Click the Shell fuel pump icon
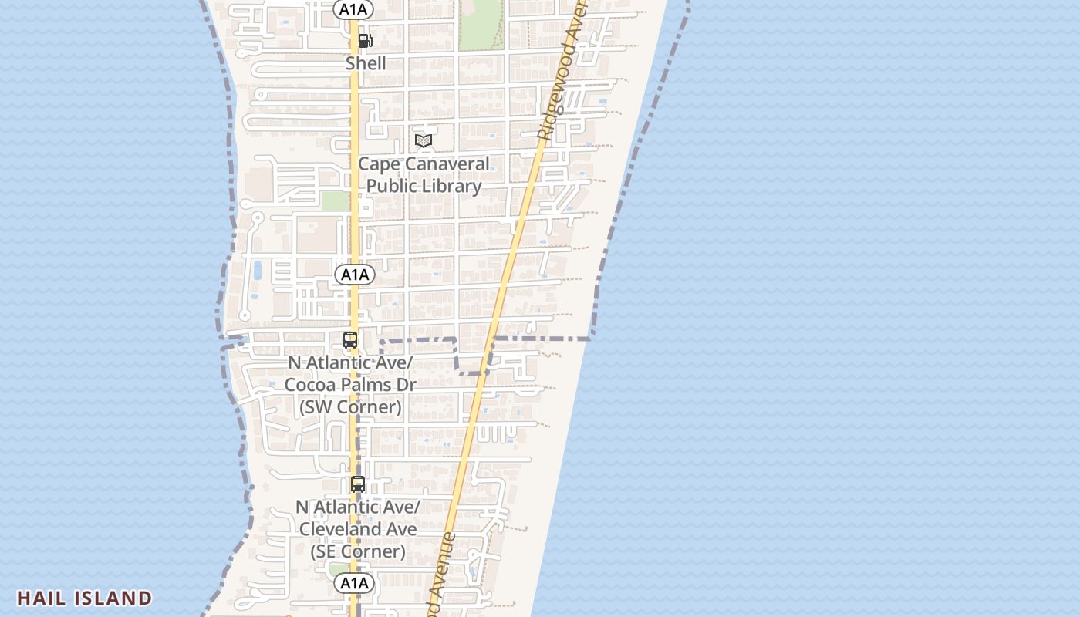click(366, 41)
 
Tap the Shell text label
click(366, 63)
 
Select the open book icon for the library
click(423, 140)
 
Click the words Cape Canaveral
click(424, 164)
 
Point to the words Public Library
click(424, 186)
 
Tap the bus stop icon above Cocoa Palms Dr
click(350, 339)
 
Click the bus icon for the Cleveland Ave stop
click(358, 484)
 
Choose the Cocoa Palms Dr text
click(350, 385)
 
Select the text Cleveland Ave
click(358, 529)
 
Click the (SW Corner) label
click(350, 407)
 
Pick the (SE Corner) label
click(358, 551)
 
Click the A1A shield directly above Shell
click(354, 9)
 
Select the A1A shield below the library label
click(354, 275)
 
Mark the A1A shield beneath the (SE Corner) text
click(354, 583)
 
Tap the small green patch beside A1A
click(336, 201)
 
